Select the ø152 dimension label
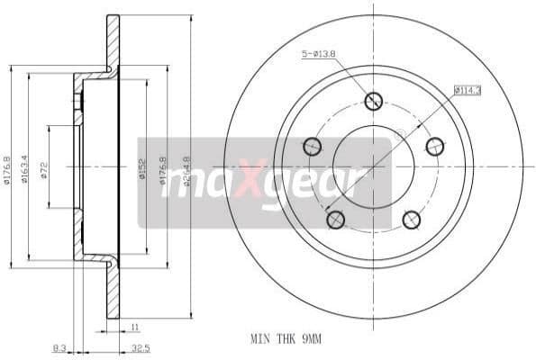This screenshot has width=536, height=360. (x=142, y=172)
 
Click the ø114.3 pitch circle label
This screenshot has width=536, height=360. (x=468, y=90)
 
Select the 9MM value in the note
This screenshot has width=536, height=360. (x=310, y=339)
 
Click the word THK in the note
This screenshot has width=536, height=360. (x=285, y=339)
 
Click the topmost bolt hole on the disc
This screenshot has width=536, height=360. (x=374, y=102)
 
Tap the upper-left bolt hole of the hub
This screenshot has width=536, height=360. (x=313, y=146)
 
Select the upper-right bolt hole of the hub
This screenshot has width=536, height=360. (x=434, y=146)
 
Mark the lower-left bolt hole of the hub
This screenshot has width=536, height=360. (x=336, y=219)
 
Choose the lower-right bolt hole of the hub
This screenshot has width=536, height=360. (x=411, y=219)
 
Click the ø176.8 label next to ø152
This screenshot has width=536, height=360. (x=163, y=172)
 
